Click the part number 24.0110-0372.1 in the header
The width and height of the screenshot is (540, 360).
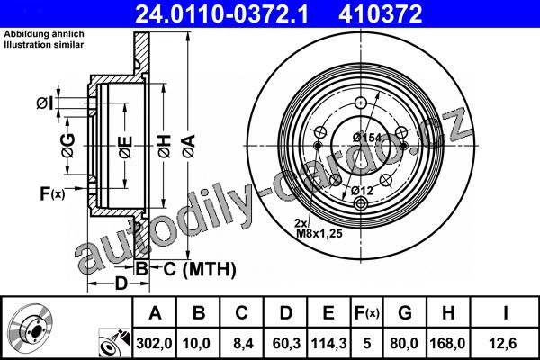coord(221,13)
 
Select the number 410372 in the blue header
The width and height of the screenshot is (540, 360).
coord(381,13)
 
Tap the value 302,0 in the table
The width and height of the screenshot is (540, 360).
coord(154,343)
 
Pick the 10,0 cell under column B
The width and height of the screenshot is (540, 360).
coord(197,343)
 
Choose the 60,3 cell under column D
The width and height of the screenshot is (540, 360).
coord(286,343)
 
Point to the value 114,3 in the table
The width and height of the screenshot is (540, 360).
coord(328,343)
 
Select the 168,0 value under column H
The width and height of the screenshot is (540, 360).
coord(447,343)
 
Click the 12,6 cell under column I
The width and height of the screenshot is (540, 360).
coord(503,343)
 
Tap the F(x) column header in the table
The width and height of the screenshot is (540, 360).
coord(367,313)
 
